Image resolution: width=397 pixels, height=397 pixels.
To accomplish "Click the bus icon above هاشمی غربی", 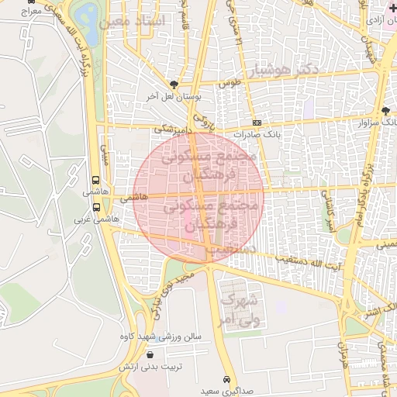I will point(96,208).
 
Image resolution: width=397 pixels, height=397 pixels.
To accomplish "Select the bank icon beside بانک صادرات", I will point(257,123).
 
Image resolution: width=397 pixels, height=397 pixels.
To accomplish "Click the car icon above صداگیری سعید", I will point(226,380).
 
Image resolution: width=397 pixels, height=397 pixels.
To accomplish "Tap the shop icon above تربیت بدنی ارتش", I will point(150,354).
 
